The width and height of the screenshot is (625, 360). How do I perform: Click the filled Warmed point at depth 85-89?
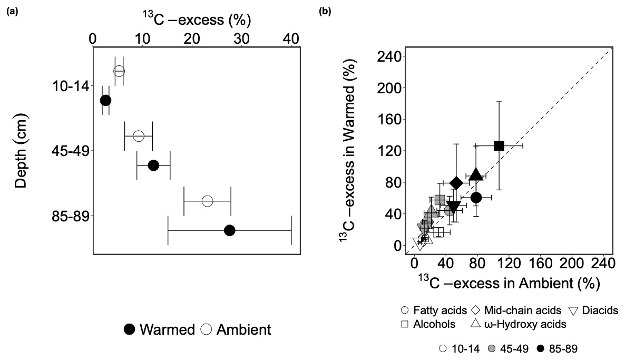click(229, 230)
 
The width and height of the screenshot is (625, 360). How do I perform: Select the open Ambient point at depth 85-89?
click(207, 201)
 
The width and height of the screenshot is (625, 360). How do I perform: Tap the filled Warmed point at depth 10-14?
click(105, 100)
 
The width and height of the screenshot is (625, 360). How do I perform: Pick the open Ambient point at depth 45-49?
click(138, 136)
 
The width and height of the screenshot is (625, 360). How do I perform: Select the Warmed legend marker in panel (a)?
click(129, 330)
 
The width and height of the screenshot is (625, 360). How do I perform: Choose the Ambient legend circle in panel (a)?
click(207, 330)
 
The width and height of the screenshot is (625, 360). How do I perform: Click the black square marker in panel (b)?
click(499, 145)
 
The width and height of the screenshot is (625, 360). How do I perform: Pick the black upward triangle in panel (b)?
click(476, 174)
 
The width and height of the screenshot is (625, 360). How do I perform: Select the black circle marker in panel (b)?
click(476, 198)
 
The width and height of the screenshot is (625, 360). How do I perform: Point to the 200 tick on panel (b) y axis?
click(390, 87)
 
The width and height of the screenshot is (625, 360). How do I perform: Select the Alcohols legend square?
click(405, 324)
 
